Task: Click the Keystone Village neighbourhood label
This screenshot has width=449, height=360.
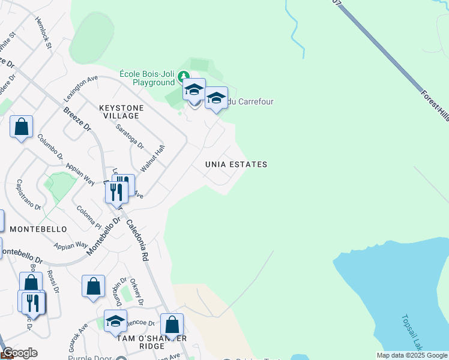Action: click(x=121, y=112)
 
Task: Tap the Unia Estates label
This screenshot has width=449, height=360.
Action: click(x=236, y=164)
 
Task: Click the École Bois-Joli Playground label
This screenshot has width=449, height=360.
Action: click(x=147, y=77)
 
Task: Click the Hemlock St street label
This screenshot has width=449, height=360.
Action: click(x=44, y=32)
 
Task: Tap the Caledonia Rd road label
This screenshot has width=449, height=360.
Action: click(x=137, y=239)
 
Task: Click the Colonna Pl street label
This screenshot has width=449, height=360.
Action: click(x=88, y=217)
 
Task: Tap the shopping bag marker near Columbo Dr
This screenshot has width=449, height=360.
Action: click(x=21, y=127)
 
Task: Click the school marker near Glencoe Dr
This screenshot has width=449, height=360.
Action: click(x=115, y=320)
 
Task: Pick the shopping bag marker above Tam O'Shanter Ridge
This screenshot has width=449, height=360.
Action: click(x=172, y=324)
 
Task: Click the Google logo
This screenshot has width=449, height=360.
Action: click(x=20, y=353)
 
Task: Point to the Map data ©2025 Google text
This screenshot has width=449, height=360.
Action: click(x=411, y=355)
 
